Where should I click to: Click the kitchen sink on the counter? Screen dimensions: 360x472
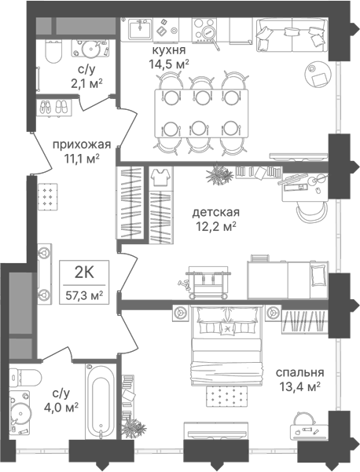140,28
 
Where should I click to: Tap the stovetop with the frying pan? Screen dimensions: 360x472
204,30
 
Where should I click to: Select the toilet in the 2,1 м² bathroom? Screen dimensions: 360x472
53,52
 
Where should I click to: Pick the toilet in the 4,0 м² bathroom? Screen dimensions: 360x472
25,377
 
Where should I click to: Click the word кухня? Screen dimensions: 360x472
168,50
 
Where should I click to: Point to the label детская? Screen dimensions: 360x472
216,213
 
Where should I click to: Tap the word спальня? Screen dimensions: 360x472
300,373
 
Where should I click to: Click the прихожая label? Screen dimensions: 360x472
82,145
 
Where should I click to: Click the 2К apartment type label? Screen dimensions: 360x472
84,273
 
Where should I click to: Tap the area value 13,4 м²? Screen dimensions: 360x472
300,387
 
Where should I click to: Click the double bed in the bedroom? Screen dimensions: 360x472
226,346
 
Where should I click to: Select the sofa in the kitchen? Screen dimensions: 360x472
292,35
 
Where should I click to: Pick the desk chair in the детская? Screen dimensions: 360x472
312,211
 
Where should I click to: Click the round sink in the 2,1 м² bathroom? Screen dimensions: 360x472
90,48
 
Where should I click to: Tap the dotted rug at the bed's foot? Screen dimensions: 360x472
227,395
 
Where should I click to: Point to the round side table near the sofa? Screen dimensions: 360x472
318,74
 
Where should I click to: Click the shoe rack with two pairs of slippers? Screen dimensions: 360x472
54,107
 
